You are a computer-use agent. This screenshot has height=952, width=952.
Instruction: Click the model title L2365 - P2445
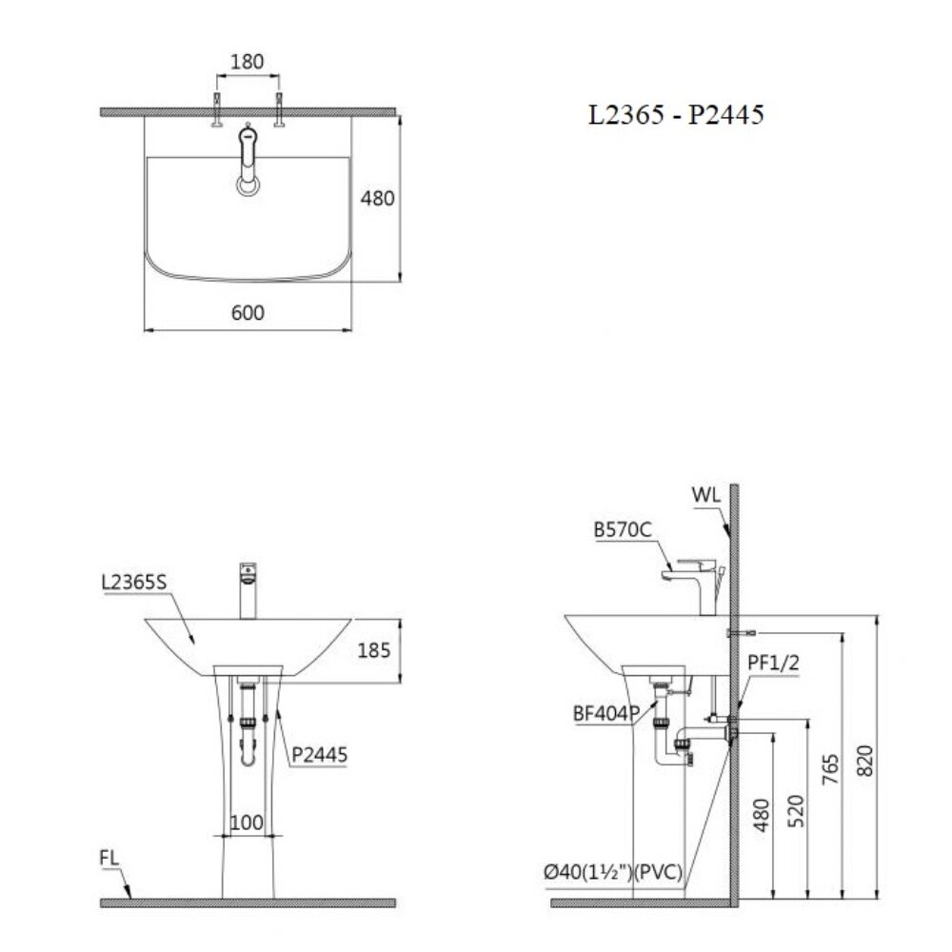tap(675, 115)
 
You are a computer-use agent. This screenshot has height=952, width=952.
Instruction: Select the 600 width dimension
tap(248, 312)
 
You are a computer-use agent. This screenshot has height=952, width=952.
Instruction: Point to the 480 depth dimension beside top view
tap(376, 198)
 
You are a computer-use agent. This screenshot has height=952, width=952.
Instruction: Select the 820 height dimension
tap(863, 759)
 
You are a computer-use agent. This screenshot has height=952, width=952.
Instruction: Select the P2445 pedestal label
tap(320, 755)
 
